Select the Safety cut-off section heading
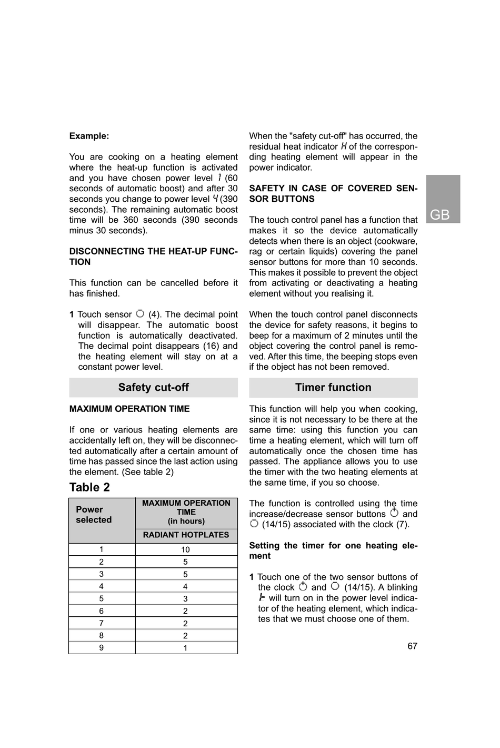[x=153, y=388]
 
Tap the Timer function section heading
[x=333, y=388]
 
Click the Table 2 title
[x=89, y=487]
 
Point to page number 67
[x=412, y=646]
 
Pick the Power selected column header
[x=94, y=515]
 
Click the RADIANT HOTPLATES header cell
[x=186, y=535]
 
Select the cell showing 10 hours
[x=185, y=549]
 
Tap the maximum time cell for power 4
[x=185, y=586]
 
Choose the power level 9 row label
[x=102, y=648]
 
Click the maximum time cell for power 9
[x=185, y=648]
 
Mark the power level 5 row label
[x=102, y=599]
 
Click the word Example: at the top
[x=89, y=136]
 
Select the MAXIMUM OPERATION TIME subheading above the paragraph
[x=129, y=409]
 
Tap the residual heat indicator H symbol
[x=344, y=146]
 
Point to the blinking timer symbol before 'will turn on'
[x=262, y=598]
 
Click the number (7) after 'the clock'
[x=403, y=525]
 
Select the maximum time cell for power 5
[x=185, y=599]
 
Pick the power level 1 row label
[x=102, y=549]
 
